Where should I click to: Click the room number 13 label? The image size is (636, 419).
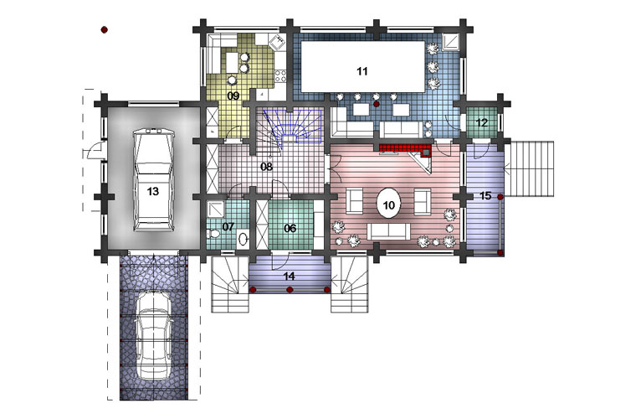pos(152,191)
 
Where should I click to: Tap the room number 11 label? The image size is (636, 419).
pos(362,71)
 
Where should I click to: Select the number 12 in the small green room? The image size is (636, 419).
pos(482,122)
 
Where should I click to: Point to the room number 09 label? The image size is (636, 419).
pos(233,96)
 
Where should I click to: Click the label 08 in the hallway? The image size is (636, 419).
pos(266,167)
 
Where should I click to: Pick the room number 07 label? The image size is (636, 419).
pos(228,226)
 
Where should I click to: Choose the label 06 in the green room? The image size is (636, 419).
pos(290,228)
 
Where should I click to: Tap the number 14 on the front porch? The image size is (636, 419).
pos(290,277)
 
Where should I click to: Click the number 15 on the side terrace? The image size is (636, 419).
pos(485,196)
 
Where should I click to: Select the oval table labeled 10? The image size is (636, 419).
pos(388,204)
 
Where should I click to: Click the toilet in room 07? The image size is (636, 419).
pos(213,234)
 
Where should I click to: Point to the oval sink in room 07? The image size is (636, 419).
pos(243,238)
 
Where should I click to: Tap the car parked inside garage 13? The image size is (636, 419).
pos(153,179)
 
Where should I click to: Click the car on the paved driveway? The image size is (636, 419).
pos(153,336)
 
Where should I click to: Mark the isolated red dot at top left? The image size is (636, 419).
pos(105,29)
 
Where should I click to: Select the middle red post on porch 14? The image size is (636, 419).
pos(290,289)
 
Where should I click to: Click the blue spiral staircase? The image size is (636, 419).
pos(293,126)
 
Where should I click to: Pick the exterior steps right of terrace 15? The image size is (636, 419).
pos(529,169)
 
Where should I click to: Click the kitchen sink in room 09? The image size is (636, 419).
pos(278,42)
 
